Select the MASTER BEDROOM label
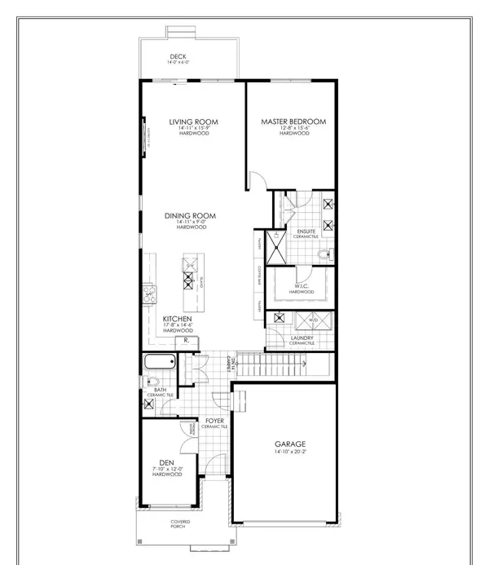click(x=293, y=122)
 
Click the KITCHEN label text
click(x=177, y=319)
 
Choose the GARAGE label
click(x=290, y=445)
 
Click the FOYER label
click(x=214, y=421)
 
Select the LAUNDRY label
click(x=302, y=337)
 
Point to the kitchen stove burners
click(x=149, y=292)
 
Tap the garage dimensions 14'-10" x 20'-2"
click(x=290, y=454)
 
